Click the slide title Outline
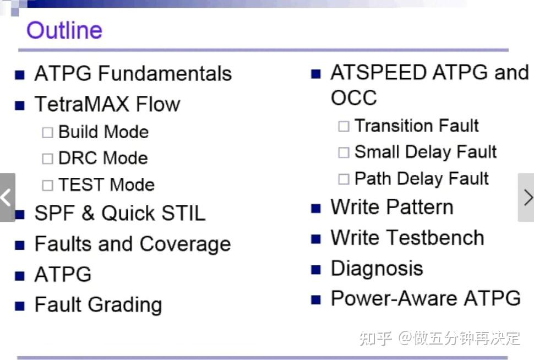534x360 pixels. click(64, 30)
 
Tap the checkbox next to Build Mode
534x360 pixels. click(47, 133)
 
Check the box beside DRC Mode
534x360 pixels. click(47, 159)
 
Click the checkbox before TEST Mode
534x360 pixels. click(47, 186)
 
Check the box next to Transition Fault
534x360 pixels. click(344, 126)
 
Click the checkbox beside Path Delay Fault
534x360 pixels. click(344, 179)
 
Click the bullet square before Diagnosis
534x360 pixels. click(315, 270)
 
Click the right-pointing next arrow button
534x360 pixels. click(526, 198)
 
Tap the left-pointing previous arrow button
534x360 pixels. click(7, 198)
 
